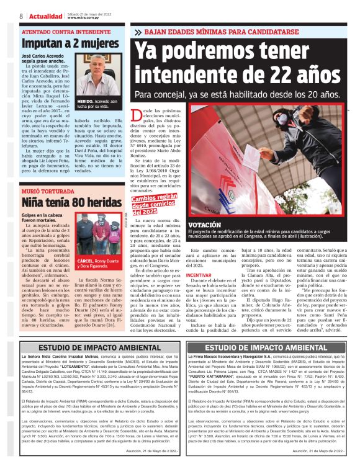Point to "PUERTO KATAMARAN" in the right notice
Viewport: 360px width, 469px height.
(x=223, y=392)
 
